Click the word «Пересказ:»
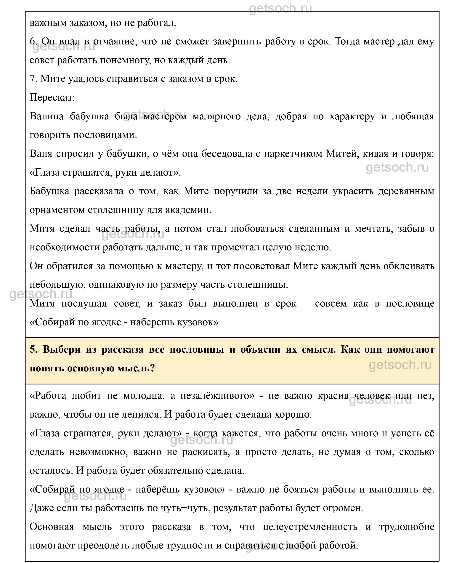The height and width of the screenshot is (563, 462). coord(52,98)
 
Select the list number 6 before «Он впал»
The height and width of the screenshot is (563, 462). coord(33,41)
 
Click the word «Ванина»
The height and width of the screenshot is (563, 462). coord(46,117)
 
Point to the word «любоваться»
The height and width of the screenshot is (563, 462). coord(257,229)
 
